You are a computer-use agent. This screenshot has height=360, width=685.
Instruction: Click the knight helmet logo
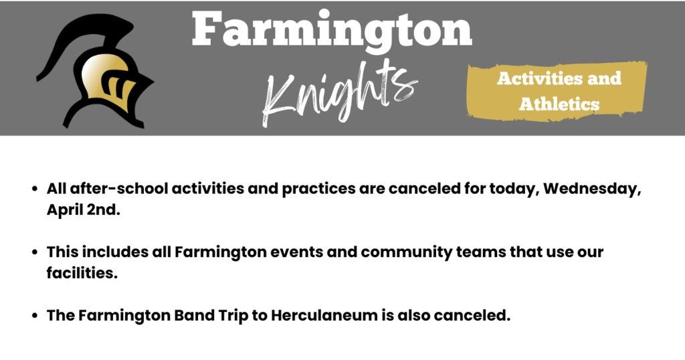pyautogui.click(x=100, y=74)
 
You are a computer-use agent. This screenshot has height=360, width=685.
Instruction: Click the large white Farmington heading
pyautogui.click(x=332, y=30)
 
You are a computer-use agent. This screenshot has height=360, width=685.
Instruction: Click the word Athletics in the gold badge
pyautogui.click(x=559, y=104)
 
